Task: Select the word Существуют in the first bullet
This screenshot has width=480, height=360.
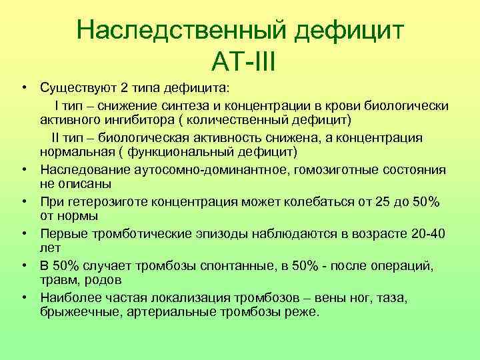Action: (x=72, y=89)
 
